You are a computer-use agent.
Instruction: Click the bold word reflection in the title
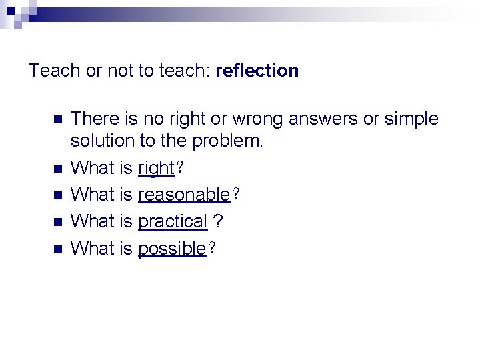click(x=257, y=70)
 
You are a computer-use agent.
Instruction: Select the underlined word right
click(x=155, y=169)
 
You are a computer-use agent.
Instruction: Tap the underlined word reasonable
click(x=183, y=195)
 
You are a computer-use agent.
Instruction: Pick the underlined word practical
click(x=173, y=222)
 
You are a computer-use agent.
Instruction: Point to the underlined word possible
click(x=171, y=249)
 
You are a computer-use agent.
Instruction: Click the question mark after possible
click(x=211, y=249)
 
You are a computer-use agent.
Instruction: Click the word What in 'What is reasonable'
click(x=93, y=195)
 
